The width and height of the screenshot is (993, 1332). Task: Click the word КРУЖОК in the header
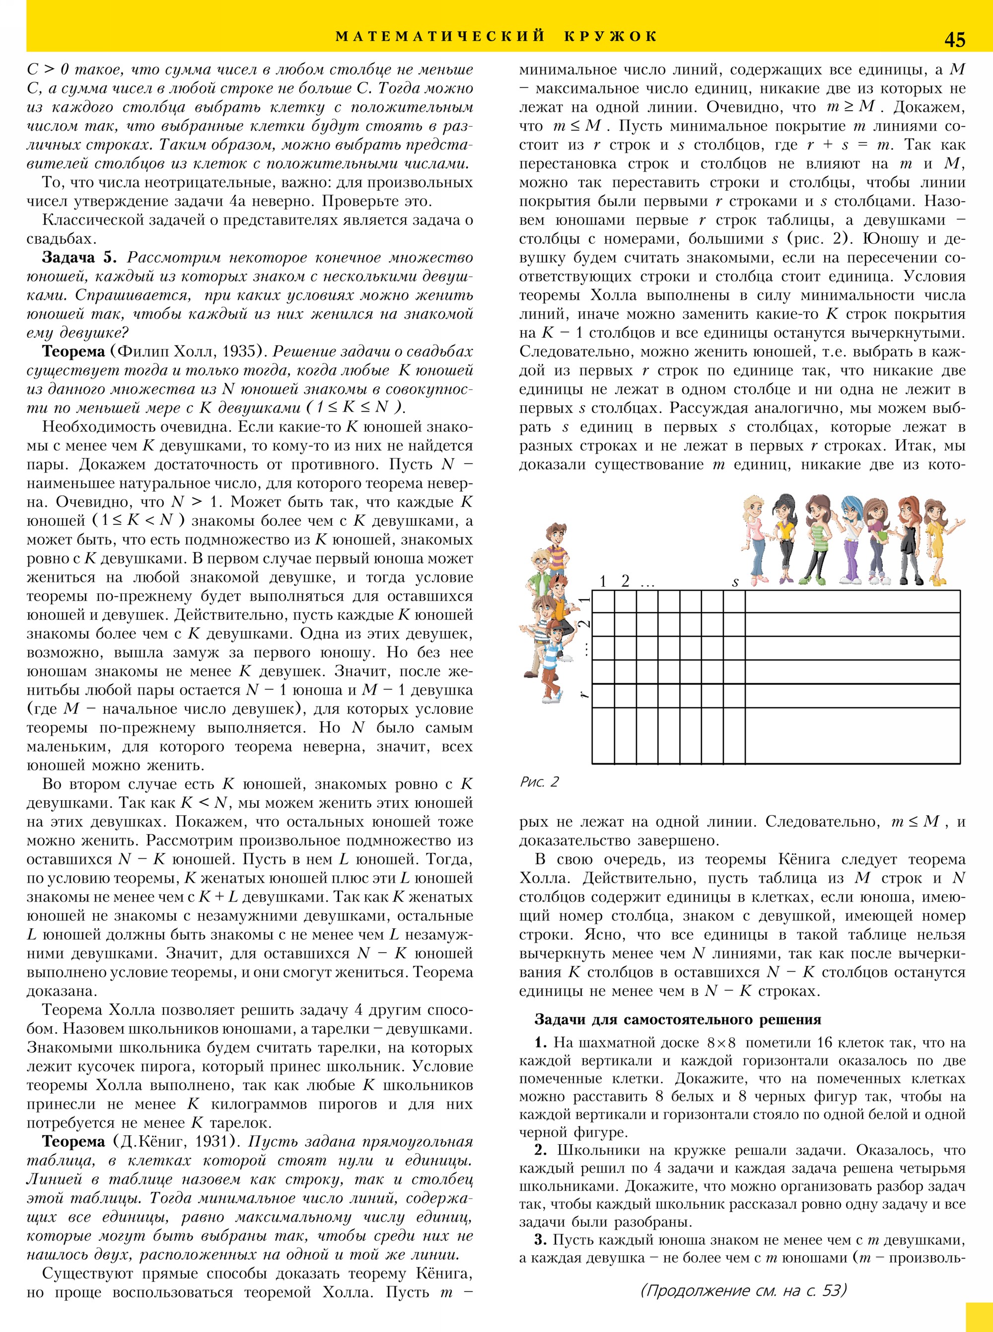tap(610, 37)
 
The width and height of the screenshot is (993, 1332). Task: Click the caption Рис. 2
tap(539, 782)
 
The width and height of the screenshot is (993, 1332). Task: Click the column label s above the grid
tap(734, 582)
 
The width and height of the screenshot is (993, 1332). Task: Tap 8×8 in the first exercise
tap(721, 1043)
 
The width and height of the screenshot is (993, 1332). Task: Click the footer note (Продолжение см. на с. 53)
tap(744, 1290)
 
